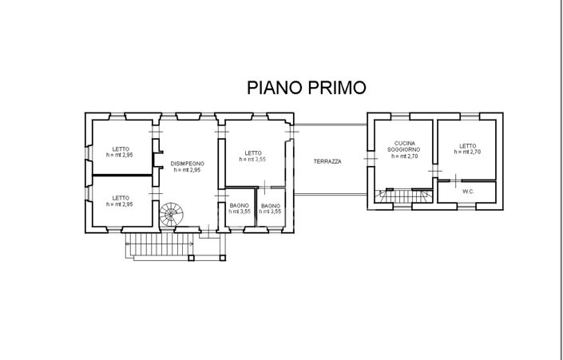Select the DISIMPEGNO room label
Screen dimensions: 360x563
tap(187, 163)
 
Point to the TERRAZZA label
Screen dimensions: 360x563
tap(327, 161)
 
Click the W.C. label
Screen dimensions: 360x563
tap(469, 192)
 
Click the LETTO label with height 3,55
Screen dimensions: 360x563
tap(253, 153)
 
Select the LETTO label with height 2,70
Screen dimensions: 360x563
tap(468, 145)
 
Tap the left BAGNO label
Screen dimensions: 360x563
tap(239, 206)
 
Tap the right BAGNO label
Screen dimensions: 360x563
tap(270, 206)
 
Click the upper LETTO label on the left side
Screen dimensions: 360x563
tap(121, 148)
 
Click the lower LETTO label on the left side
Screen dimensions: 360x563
tap(121, 198)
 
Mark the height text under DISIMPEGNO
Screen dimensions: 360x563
tap(187, 169)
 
